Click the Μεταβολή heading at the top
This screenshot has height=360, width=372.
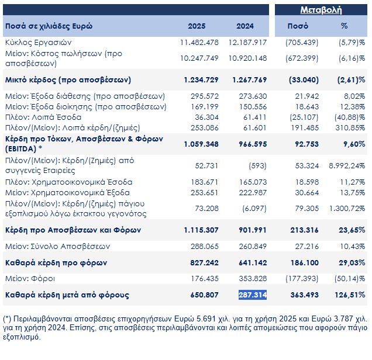(x=321, y=10)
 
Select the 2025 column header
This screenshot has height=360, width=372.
(x=197, y=26)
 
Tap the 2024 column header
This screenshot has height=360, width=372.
(x=245, y=26)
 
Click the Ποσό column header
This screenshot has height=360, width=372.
(x=297, y=26)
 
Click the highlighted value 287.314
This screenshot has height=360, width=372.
(x=253, y=295)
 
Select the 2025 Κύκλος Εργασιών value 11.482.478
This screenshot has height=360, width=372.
(x=199, y=43)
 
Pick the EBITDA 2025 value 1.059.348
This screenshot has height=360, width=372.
(x=199, y=144)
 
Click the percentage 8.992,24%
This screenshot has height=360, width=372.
(x=346, y=165)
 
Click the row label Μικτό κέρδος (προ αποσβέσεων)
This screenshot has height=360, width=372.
(x=67, y=79)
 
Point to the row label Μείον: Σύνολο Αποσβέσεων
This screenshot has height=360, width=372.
(x=57, y=247)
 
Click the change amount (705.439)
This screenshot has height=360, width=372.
(x=301, y=43)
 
